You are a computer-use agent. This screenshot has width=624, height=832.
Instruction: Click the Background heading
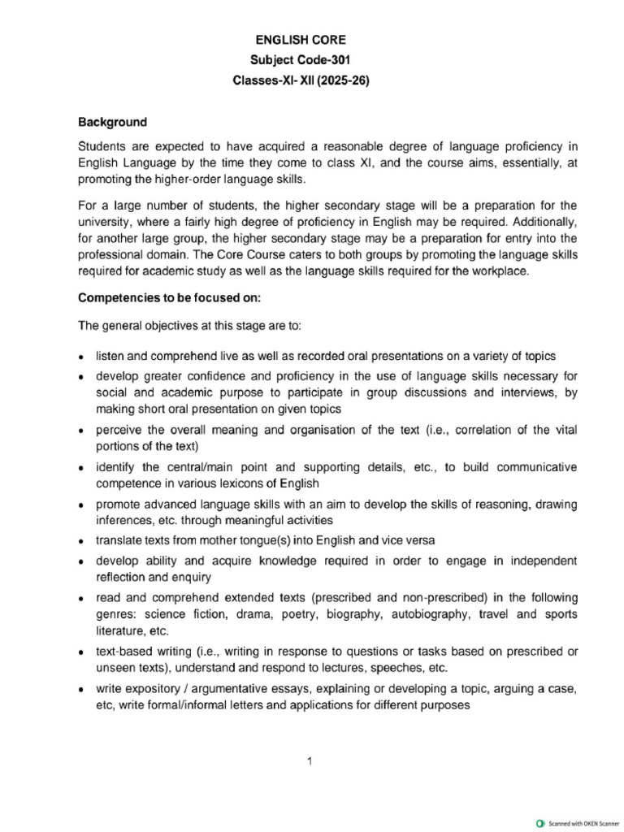[112, 123]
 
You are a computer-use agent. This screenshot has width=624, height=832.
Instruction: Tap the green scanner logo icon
[540, 822]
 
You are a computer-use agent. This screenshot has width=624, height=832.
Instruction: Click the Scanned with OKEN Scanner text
[578, 822]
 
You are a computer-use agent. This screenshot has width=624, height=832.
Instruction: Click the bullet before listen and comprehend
[81, 357]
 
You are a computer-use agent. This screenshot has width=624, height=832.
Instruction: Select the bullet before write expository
[81, 690]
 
